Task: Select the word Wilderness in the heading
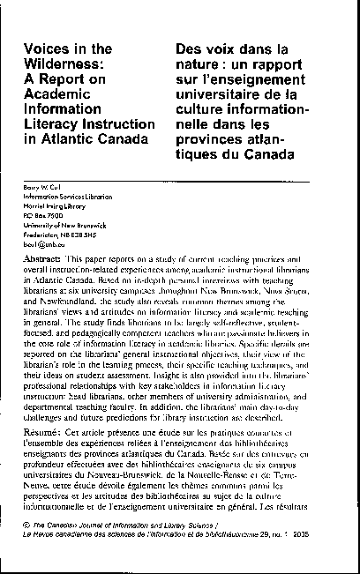66,63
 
